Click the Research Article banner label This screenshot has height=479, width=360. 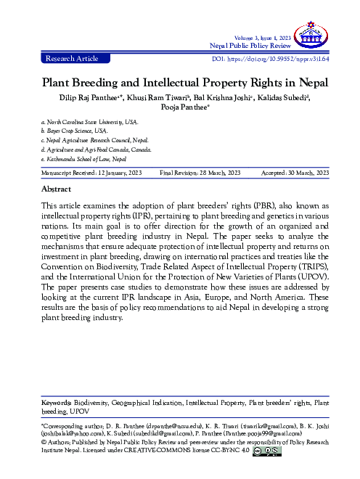[x=71, y=57]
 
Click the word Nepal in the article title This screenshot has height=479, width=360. [x=306, y=82]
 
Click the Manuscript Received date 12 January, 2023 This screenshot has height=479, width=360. [x=110, y=173]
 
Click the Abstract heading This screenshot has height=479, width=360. [x=57, y=188]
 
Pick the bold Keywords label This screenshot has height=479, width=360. [x=55, y=401]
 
